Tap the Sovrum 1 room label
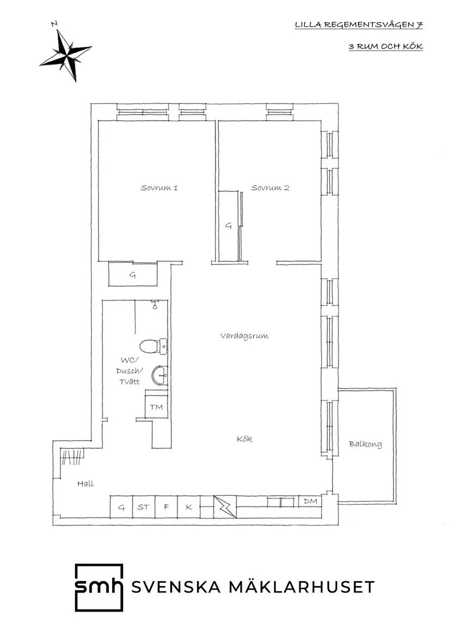[159, 188]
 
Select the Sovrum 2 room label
[270, 188]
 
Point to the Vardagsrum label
[244, 336]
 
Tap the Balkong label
[365, 444]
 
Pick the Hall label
[85, 483]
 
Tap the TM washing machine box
[156, 407]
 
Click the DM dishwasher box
[310, 501]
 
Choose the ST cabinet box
[143, 507]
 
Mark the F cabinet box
[166, 507]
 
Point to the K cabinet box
[188, 507]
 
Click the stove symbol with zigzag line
[224, 507]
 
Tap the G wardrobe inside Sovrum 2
[229, 225]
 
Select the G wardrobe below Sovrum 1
[133, 275]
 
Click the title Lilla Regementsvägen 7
[359, 25]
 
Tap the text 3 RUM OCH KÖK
[386, 47]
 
